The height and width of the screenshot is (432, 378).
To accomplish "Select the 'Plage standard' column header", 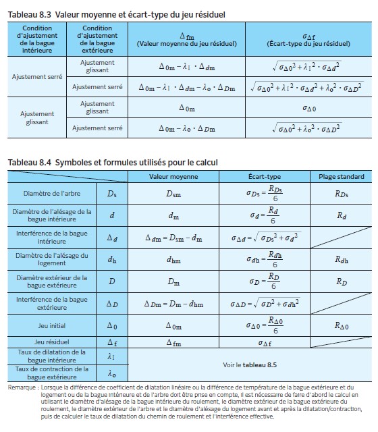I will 341,176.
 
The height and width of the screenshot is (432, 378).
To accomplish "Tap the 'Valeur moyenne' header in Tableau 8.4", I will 173,176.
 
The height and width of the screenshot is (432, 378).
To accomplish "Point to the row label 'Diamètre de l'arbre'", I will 51,194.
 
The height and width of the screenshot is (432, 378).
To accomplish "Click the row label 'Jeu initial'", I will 51,325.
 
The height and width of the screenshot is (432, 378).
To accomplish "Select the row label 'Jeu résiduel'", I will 51,342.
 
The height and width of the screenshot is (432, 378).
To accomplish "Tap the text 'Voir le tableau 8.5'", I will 249,364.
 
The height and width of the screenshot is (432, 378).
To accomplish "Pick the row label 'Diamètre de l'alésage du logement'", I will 51,259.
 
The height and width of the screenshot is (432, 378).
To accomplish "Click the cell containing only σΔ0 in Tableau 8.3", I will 308,108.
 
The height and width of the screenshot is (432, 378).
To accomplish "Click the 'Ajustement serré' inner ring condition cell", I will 36,76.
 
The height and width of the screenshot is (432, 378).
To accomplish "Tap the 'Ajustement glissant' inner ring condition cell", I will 36,117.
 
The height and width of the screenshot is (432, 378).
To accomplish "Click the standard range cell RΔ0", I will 341,325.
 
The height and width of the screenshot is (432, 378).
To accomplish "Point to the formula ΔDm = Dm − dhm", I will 173,303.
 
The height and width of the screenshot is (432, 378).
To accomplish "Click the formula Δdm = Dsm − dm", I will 173,238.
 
